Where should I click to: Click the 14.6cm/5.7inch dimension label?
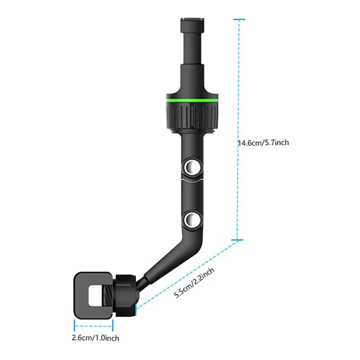pos(263,143)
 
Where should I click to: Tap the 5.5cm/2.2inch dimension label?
pos(195,283)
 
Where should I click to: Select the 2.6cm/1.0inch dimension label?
pos(95,338)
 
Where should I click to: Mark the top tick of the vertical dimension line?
pos(238,19)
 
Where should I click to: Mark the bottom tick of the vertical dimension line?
pos(238,240)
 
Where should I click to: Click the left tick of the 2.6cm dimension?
pos(75,326)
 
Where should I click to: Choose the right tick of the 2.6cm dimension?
pos(112,326)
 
